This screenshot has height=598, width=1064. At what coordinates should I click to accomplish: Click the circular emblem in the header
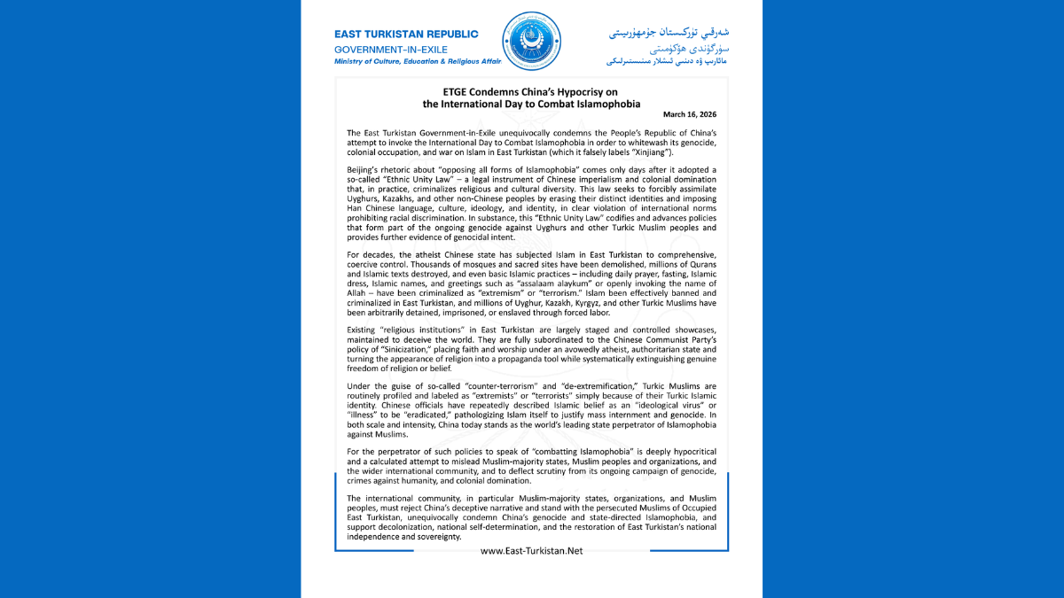pyautogui.click(x=532, y=42)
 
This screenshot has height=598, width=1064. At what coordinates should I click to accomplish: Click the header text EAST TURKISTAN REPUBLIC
pyautogui.click(x=406, y=34)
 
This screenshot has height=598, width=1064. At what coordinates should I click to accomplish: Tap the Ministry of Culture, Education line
pyautogui.click(x=418, y=62)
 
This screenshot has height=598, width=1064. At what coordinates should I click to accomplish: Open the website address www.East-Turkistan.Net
pyautogui.click(x=531, y=551)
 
